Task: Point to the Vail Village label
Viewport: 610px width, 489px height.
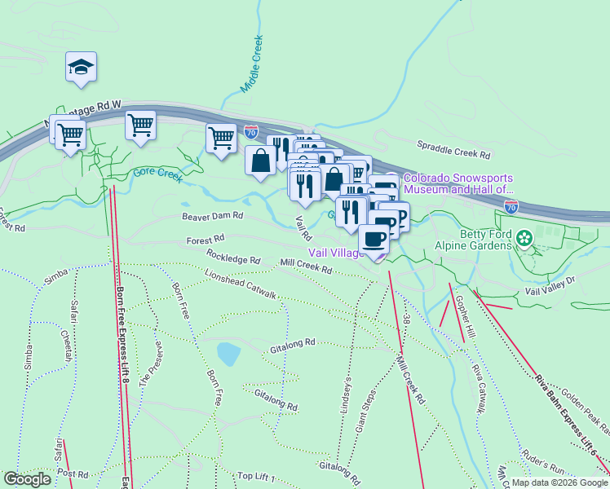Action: pyautogui.click(x=334, y=253)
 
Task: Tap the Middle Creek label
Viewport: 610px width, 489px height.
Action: pyautogui.click(x=253, y=64)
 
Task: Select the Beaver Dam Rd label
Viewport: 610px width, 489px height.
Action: pyautogui.click(x=212, y=216)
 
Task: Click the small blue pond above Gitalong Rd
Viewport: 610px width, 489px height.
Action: pyautogui.click(x=228, y=354)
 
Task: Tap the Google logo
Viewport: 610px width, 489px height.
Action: pyautogui.click(x=26, y=479)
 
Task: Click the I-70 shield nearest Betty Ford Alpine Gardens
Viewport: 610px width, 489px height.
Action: pyautogui.click(x=511, y=207)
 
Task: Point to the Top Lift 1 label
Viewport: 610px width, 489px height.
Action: pyautogui.click(x=256, y=477)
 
